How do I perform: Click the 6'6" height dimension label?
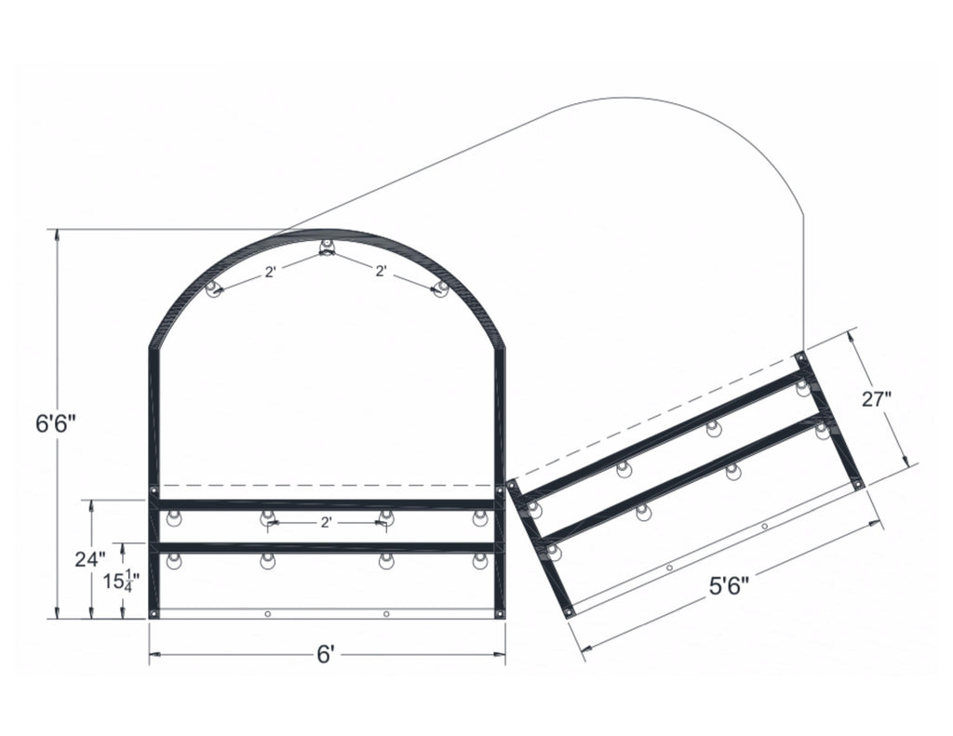point(55,424)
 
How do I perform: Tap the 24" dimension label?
point(90,559)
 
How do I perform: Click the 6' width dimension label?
point(325,655)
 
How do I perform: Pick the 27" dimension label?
point(876,400)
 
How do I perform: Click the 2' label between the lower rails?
point(326,523)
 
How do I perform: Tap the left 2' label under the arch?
point(270,273)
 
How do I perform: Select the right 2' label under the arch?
point(381,272)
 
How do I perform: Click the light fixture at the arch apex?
point(327,248)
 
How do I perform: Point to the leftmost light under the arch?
point(213,288)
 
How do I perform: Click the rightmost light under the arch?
point(441,288)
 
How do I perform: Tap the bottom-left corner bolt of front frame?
point(154,613)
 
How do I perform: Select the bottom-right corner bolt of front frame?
point(500,613)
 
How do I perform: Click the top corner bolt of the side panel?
point(799,355)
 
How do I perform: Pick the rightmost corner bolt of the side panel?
point(858,484)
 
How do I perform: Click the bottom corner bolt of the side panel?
point(569,612)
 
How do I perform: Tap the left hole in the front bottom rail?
point(267,614)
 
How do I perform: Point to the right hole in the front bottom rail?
point(386,614)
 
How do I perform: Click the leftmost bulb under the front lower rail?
point(173,561)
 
